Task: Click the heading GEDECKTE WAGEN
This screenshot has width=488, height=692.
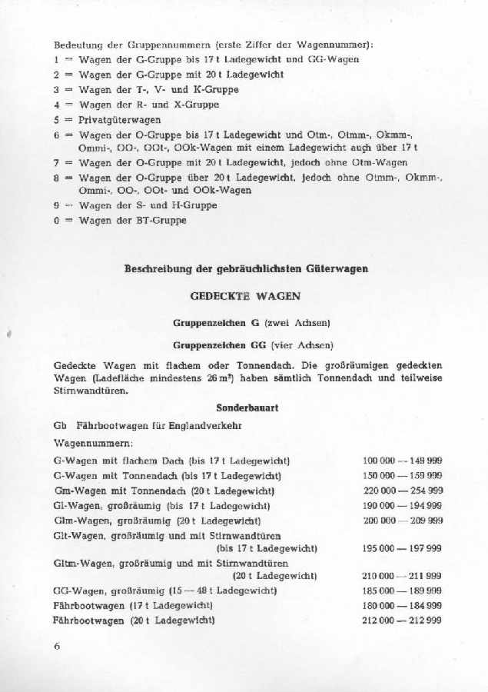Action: pyautogui.click(x=245, y=295)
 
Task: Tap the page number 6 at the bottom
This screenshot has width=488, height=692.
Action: pyautogui.click(x=57, y=647)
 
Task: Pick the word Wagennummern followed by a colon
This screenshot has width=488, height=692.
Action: pyautogui.click(x=85, y=444)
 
